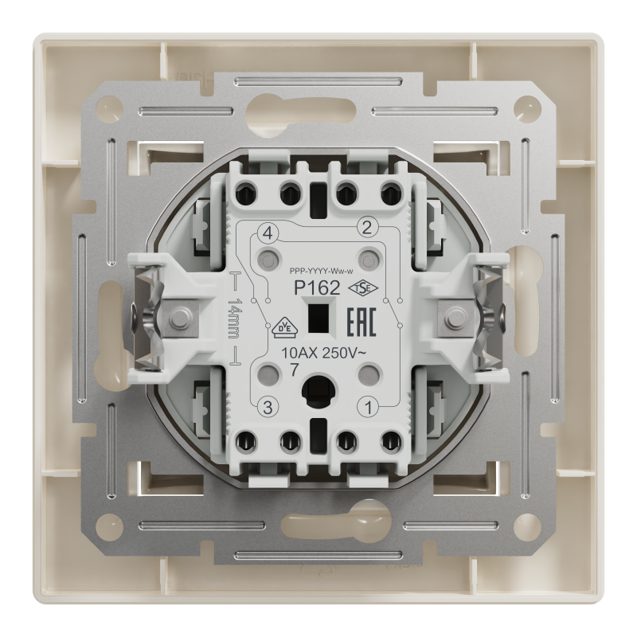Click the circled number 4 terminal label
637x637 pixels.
pos(268,234)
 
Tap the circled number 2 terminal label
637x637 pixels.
pos(367,228)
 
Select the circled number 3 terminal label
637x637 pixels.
pos(268,407)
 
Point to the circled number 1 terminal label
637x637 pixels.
pos(369,408)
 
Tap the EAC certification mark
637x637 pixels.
pos(361,322)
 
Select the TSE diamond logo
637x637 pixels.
pos(363,288)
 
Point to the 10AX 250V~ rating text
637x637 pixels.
pos(323,354)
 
